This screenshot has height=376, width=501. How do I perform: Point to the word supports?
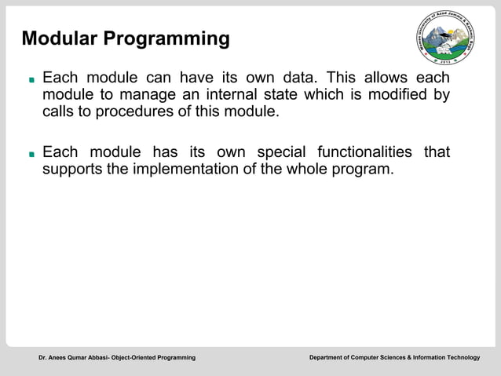pyautogui.click(x=72, y=169)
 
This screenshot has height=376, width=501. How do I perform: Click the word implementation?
pyautogui.click(x=187, y=169)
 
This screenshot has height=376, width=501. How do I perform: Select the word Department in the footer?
pyautogui.click(x=330, y=358)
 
